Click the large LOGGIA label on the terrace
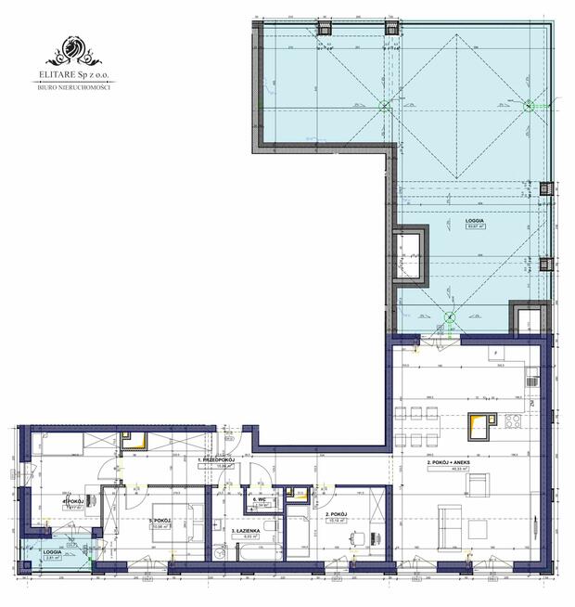tap(474, 220)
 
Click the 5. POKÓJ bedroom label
tap(161, 522)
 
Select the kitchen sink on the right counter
tap(531, 380)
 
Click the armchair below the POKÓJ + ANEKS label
tap(479, 486)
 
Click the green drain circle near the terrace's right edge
tap(530, 106)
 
